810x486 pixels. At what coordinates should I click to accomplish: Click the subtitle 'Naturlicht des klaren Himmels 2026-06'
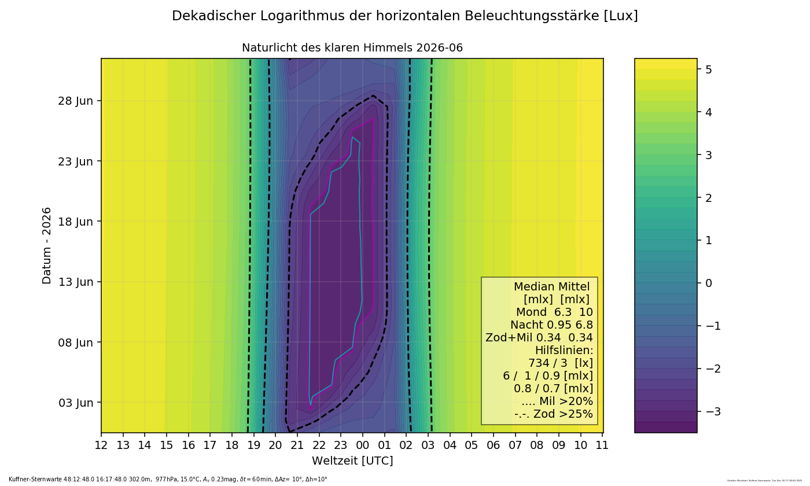(x=352, y=48)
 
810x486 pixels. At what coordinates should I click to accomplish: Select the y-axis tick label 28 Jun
(x=76, y=101)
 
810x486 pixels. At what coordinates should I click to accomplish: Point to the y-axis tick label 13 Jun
(x=76, y=282)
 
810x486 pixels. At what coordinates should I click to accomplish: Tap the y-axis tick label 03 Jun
(x=76, y=403)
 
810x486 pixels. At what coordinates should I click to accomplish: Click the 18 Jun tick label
(x=76, y=222)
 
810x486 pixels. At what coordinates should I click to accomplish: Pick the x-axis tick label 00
(x=362, y=445)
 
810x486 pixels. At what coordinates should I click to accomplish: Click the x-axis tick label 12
(x=101, y=445)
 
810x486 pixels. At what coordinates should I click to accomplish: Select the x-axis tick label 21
(x=297, y=445)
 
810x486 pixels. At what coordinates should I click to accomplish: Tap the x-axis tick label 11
(x=602, y=445)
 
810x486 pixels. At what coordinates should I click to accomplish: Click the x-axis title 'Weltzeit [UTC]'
(x=352, y=461)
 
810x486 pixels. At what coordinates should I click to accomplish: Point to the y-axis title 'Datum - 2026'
(x=47, y=245)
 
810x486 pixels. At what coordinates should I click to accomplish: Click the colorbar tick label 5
(x=708, y=69)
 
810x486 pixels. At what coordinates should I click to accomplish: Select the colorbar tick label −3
(x=712, y=411)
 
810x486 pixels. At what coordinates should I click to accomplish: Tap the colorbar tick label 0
(x=708, y=283)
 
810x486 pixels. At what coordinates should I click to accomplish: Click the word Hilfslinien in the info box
(x=564, y=351)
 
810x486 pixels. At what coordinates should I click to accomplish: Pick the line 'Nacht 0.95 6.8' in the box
(x=551, y=325)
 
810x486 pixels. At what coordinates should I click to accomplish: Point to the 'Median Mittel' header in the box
(x=551, y=287)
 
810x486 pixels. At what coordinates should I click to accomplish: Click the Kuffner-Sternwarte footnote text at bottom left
(x=168, y=480)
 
